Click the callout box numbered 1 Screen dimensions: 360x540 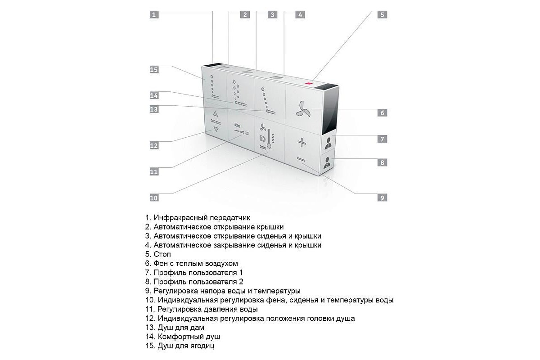(x=154, y=14)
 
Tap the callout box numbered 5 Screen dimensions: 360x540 (x=382, y=14)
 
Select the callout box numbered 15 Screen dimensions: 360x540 (x=154, y=69)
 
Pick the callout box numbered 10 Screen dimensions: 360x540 (x=154, y=197)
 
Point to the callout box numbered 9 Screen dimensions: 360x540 (x=382, y=197)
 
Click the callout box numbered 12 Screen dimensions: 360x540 (x=154, y=145)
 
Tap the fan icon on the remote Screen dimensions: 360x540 (x=303, y=108)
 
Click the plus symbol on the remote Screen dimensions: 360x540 (x=301, y=143)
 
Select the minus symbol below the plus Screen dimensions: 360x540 (x=301, y=160)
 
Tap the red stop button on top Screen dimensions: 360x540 (x=309, y=83)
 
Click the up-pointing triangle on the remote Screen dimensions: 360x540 (x=215, y=114)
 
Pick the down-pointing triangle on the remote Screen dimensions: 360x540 (x=216, y=130)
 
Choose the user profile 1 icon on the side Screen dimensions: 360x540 (x=328, y=143)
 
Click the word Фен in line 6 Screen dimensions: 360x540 (x=161, y=264)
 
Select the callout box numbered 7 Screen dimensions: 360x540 (x=382, y=139)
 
